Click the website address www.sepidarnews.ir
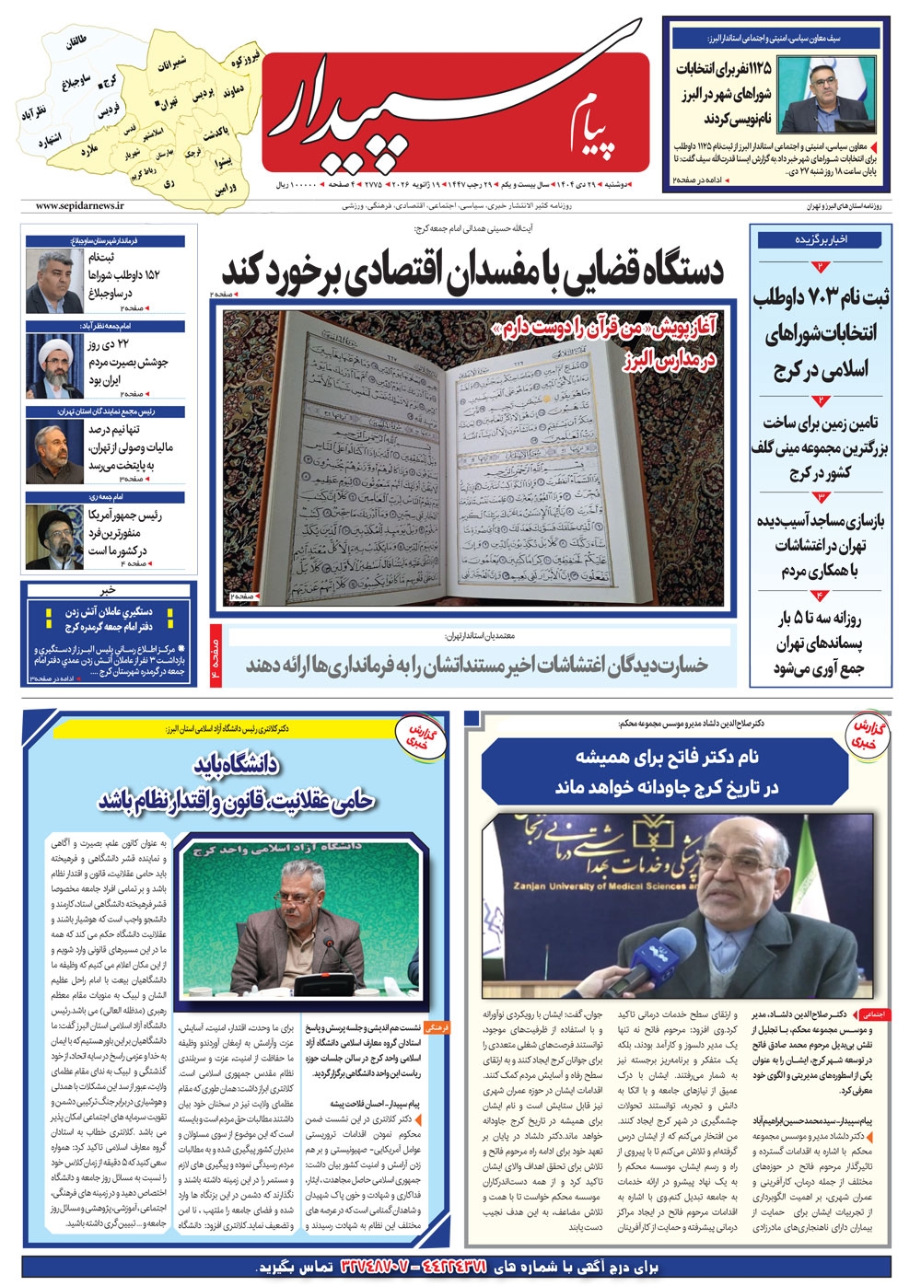pos(80,207)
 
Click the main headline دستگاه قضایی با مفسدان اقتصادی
pos(472,271)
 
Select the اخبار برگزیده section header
pos(821,239)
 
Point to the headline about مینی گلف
pos(821,447)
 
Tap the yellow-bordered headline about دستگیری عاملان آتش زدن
pos(109,619)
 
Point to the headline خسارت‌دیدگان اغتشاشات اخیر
pos(477,665)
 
